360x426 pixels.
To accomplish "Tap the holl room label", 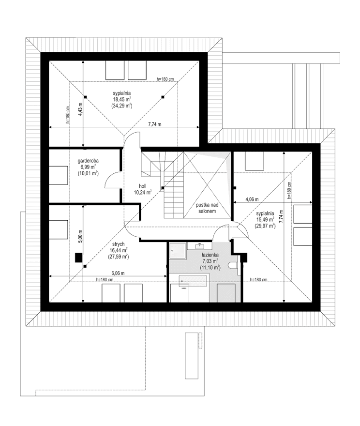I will pos(143,185).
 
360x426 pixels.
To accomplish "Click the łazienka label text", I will pos(210,254).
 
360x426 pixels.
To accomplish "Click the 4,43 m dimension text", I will pos(80,105).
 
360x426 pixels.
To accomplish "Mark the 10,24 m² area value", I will pos(143,192).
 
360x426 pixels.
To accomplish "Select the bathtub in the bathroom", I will pos(193,281).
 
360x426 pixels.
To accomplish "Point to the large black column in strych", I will pos(77,258).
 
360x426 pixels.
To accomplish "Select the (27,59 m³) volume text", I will pos(118,257).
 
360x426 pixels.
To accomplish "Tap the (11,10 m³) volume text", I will pos(210,267).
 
